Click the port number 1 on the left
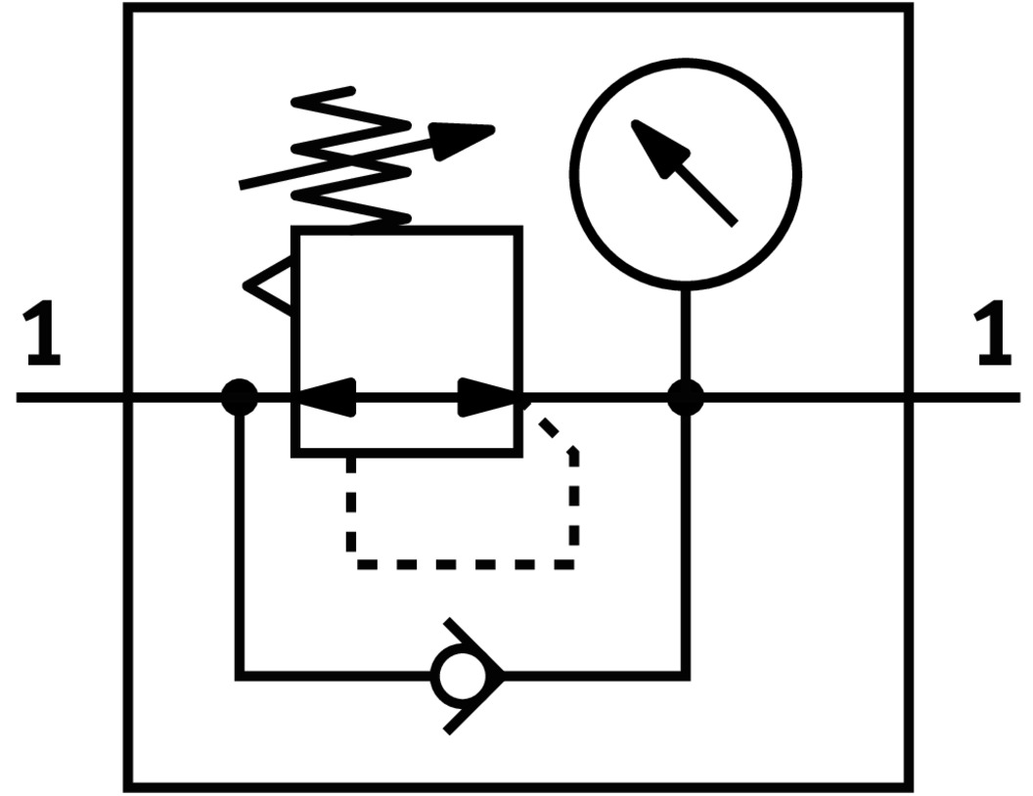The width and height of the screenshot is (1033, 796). [x=42, y=337]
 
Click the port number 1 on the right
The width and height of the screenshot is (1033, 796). [x=993, y=337]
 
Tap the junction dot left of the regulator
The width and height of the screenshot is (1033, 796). [x=239, y=398]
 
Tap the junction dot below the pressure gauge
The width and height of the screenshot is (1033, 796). [x=685, y=398]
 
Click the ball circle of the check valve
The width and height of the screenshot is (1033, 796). [x=457, y=676]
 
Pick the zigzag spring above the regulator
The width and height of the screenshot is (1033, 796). [x=352, y=161]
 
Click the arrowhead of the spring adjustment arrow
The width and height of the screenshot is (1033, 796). [x=465, y=138]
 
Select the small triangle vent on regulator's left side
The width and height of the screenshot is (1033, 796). [x=269, y=287]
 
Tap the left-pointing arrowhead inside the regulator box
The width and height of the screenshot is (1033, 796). [x=323, y=398]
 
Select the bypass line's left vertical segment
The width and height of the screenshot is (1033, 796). [x=239, y=538]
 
